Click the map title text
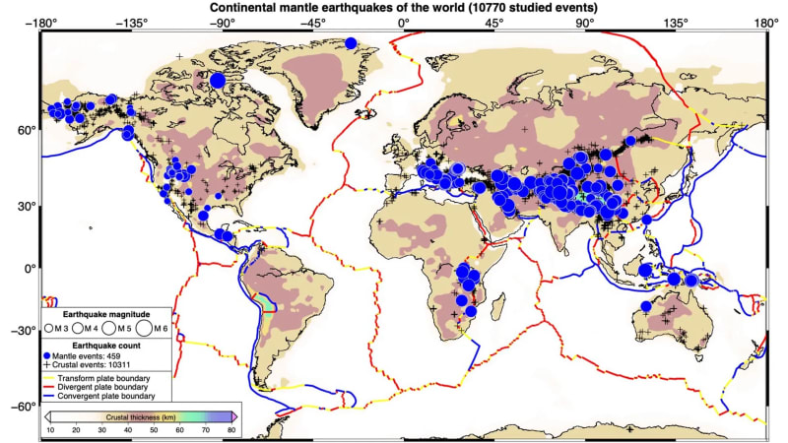[403, 8]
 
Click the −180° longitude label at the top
[39, 21]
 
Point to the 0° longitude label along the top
[404, 21]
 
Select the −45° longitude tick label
[312, 21]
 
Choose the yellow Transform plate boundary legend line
[48, 378]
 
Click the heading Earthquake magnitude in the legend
[105, 312]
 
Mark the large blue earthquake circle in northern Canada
[217, 80]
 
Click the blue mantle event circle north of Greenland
[351, 42]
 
